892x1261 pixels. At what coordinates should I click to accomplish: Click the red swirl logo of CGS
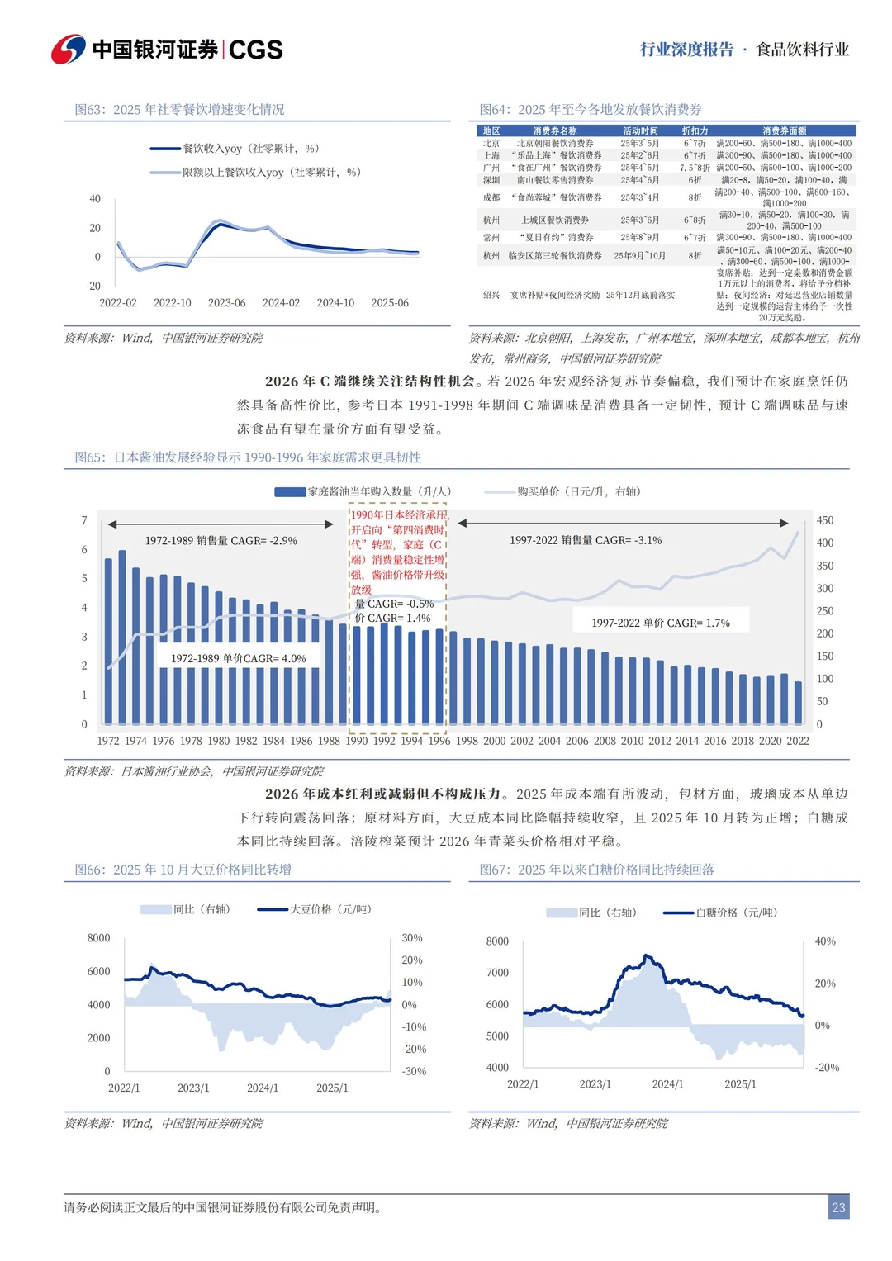[x=68, y=50]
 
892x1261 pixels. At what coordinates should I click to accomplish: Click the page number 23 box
[x=838, y=1207]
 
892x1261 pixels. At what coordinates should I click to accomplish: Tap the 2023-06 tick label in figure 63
[x=226, y=303]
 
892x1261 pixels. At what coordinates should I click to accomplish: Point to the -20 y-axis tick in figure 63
[x=93, y=287]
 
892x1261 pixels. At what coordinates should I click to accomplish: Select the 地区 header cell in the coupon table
[x=491, y=131]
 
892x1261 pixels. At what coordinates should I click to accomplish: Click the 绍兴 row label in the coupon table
[x=491, y=295]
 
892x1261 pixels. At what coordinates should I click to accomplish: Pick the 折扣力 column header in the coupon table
[x=695, y=131]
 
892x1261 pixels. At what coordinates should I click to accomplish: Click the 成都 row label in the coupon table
[x=491, y=197]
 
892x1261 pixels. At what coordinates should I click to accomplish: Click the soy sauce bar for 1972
[x=108, y=642]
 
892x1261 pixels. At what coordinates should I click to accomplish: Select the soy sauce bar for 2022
[x=798, y=703]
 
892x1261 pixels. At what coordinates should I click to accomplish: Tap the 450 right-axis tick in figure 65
[x=824, y=520]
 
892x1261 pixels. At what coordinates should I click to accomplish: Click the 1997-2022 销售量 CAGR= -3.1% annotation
[x=585, y=541]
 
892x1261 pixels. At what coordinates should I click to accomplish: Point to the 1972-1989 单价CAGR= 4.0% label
[x=238, y=658]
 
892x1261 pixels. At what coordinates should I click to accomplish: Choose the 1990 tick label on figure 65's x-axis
[x=357, y=741]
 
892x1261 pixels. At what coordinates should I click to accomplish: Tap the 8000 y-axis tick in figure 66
[x=98, y=938]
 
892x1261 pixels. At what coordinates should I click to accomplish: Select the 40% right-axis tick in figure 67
[x=825, y=941]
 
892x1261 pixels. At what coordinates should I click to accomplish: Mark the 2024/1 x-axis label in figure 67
[x=667, y=1084]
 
